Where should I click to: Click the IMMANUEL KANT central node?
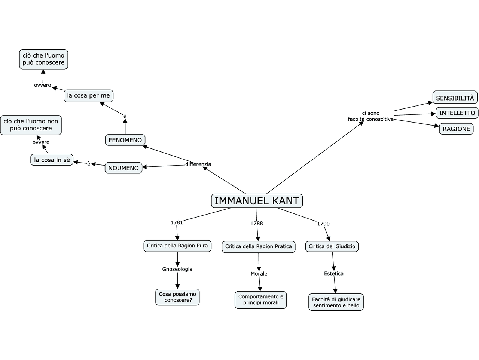click(257, 201)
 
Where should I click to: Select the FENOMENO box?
click(125, 140)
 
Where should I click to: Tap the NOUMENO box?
click(123, 168)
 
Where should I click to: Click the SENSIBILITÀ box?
click(455, 98)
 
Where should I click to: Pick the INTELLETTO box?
click(457, 113)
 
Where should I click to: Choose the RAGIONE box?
click(456, 129)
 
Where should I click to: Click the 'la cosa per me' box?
click(88, 96)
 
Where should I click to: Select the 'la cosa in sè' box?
click(52, 160)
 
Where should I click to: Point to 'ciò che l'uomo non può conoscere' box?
click(31, 125)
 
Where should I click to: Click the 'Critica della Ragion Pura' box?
click(177, 246)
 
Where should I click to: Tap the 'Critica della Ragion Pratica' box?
click(258, 247)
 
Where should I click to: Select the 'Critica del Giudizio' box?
click(332, 247)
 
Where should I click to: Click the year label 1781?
click(177, 222)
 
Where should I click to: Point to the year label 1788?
click(257, 223)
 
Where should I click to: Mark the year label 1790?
click(323, 224)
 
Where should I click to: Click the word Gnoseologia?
click(177, 269)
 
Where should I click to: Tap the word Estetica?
click(334, 273)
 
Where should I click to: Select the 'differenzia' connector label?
click(198, 164)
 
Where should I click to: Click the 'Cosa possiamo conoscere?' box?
click(177, 297)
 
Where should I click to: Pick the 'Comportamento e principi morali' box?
click(261, 300)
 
